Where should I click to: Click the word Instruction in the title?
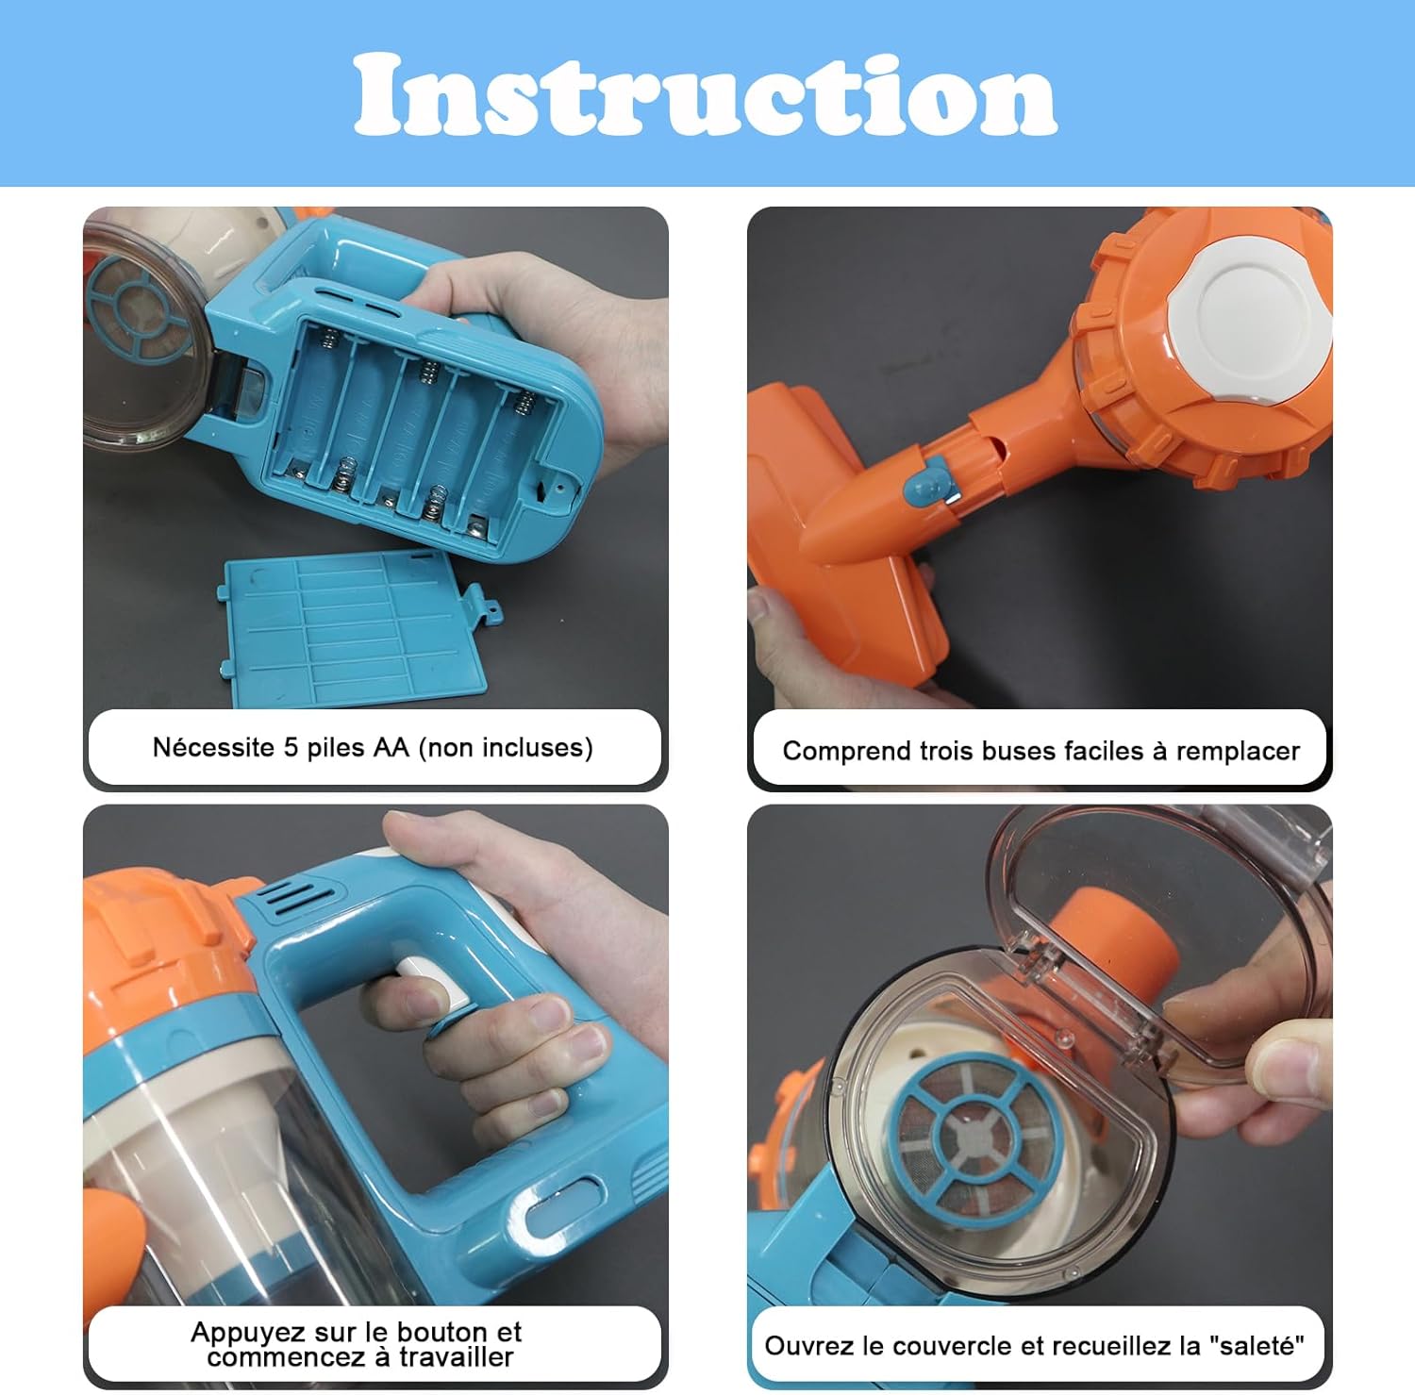706,94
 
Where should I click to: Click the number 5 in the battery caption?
291,748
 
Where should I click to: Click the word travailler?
457,1357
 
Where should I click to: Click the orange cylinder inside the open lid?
1114,943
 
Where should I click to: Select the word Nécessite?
213,748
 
